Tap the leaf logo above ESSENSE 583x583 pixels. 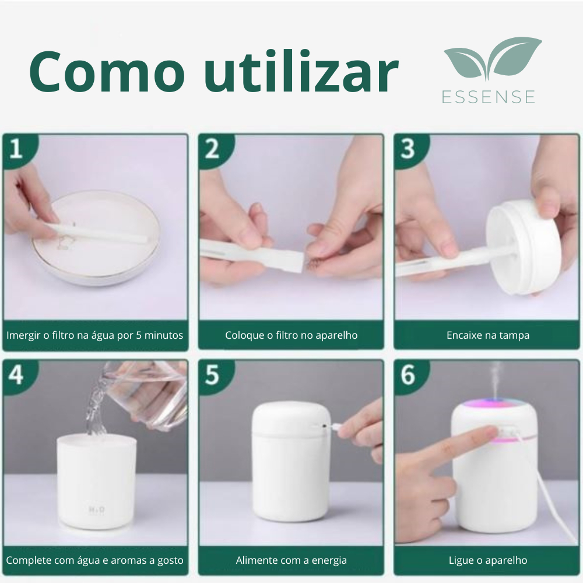tap(492, 58)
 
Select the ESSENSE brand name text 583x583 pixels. tap(489, 97)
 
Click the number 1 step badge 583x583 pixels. tap(17, 148)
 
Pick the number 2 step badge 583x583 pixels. tap(212, 149)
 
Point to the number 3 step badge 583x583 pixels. tap(408, 149)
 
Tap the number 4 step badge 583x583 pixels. tap(17, 375)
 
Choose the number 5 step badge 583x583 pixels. tap(212, 375)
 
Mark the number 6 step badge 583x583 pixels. tap(408, 375)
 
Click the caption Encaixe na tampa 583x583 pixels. tap(488, 335)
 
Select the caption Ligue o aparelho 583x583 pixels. tap(488, 560)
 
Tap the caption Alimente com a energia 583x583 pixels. tap(291, 560)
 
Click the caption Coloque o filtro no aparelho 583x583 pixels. tap(291, 335)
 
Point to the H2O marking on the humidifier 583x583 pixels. tap(96, 509)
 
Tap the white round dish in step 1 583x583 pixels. tap(97, 238)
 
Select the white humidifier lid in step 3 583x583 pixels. tap(523, 247)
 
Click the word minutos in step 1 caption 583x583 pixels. tap(164, 335)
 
